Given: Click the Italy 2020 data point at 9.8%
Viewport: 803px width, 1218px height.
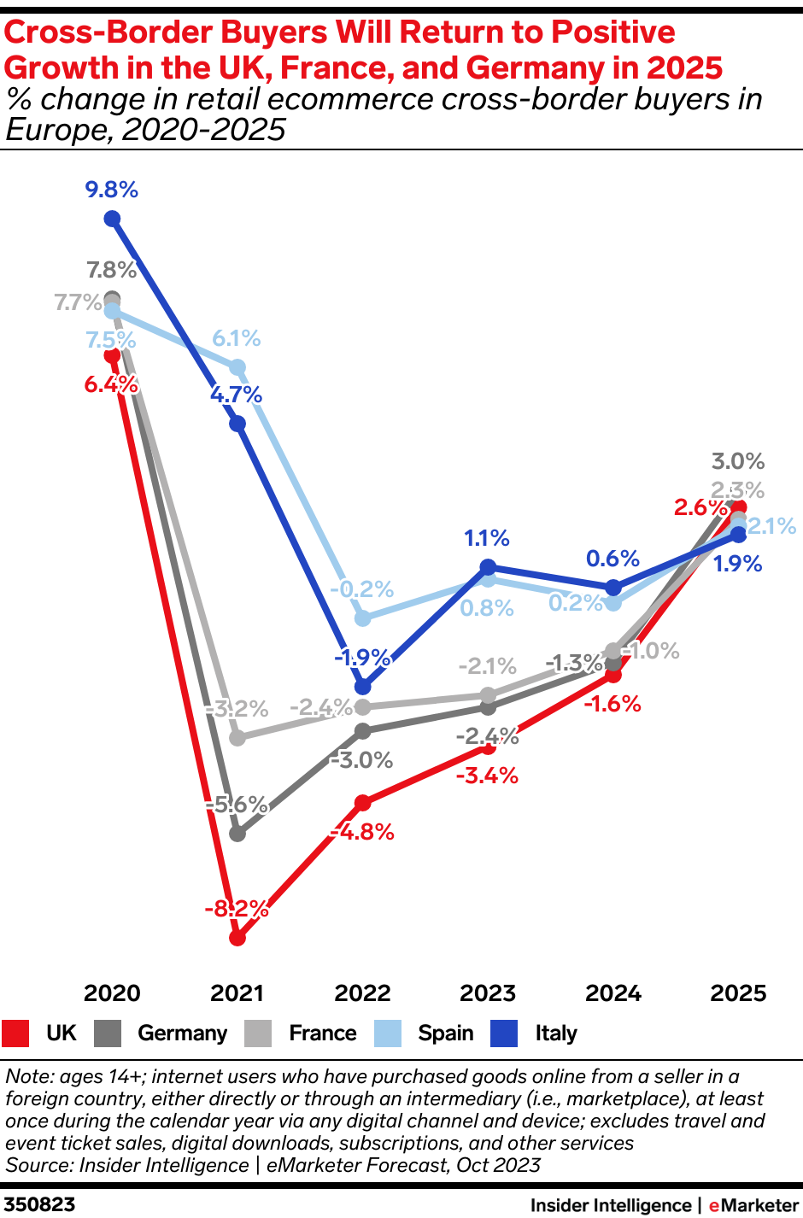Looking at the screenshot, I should [x=112, y=220].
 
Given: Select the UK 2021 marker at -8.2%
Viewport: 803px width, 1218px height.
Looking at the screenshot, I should [x=237, y=938].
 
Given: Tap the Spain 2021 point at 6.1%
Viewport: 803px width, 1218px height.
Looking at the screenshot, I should [x=237, y=367].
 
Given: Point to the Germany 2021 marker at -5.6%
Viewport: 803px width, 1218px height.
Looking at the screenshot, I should [x=237, y=833].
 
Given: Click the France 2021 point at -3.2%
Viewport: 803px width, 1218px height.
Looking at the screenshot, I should [x=237, y=737].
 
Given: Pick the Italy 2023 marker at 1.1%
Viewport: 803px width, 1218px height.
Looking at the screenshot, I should [x=488, y=566].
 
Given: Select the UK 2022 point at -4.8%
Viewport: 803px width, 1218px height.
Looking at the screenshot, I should [x=362, y=803].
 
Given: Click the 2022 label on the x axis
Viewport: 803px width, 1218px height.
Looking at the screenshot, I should [x=362, y=993].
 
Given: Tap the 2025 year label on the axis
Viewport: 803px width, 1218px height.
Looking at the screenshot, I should [x=738, y=993].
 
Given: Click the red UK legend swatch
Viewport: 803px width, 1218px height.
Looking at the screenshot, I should [x=15, y=1034].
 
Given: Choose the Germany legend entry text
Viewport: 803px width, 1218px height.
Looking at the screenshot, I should [x=182, y=1034].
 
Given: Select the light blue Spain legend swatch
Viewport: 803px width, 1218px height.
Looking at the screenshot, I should [x=388, y=1034].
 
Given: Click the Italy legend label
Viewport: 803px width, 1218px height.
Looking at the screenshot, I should [x=556, y=1034].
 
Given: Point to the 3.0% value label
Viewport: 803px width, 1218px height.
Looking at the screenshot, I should [x=738, y=461].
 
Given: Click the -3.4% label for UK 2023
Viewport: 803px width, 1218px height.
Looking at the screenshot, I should [x=487, y=776].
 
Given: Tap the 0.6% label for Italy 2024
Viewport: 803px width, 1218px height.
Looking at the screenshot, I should [x=613, y=559].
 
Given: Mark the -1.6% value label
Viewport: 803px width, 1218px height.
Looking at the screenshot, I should [x=613, y=704].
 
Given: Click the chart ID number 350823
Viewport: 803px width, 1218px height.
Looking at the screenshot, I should [x=39, y=1204].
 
